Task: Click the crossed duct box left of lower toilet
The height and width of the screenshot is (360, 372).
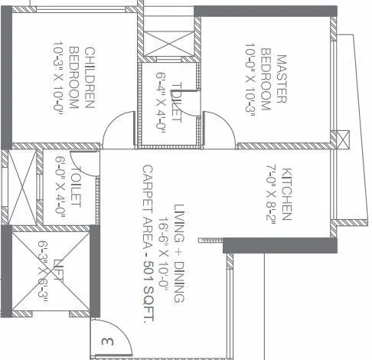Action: coord(18,187)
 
